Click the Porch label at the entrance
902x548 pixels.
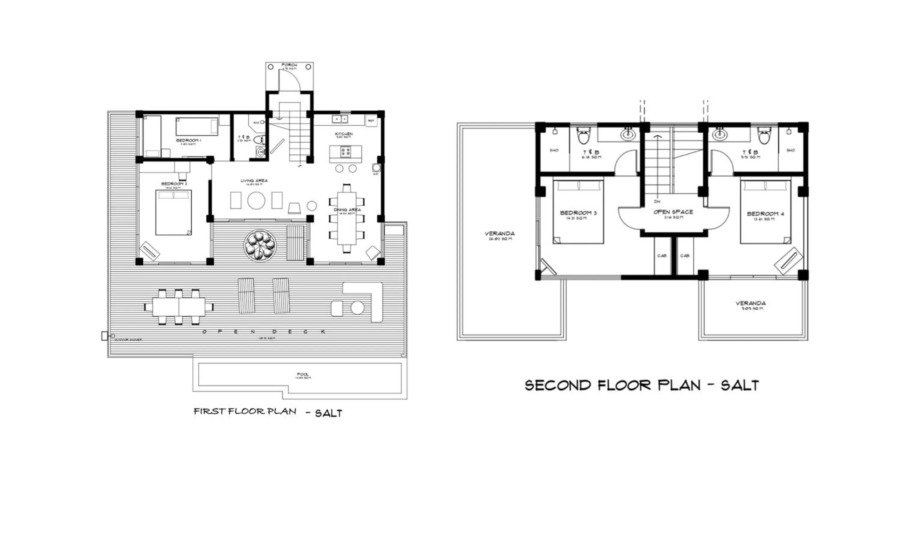click(289, 65)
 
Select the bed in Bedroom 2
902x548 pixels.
click(173, 212)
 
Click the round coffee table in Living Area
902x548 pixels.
click(256, 200)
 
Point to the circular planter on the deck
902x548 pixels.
click(260, 246)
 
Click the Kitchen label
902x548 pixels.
click(344, 134)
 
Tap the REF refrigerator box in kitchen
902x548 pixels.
click(371, 121)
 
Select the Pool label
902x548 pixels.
click(303, 374)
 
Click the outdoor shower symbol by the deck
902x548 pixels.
click(105, 336)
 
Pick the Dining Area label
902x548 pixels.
click(347, 210)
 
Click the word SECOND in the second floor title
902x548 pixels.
click(558, 385)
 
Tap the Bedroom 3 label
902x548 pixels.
click(578, 213)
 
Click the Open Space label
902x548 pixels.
click(673, 212)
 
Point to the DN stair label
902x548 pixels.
click(657, 202)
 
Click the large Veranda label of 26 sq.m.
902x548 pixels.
click(500, 234)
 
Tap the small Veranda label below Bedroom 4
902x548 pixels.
click(750, 303)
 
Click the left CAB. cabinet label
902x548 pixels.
click(662, 256)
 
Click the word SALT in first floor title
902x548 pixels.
click(328, 413)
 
